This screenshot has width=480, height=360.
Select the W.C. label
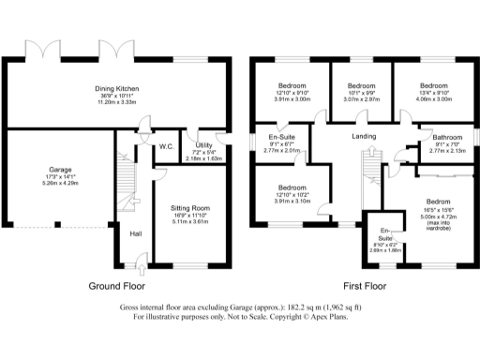[167, 146]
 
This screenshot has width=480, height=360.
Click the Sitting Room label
[189, 207]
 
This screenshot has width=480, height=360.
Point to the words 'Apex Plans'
[326, 318]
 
